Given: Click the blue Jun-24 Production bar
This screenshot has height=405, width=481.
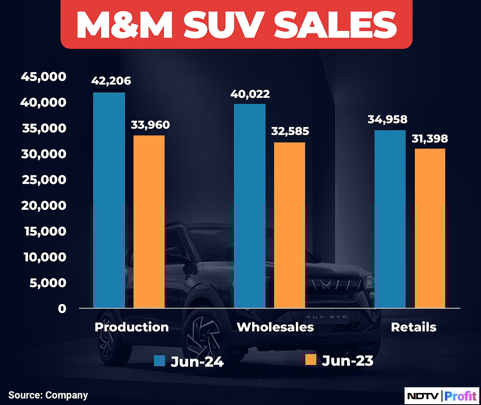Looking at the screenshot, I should (109, 200).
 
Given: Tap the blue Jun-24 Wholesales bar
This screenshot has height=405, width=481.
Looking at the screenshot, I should (249, 206).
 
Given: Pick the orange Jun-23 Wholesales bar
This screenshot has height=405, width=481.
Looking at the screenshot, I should (289, 225).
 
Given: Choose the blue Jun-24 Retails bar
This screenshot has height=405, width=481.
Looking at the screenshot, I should (390, 219).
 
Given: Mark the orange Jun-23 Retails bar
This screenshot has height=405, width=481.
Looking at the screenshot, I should (429, 228).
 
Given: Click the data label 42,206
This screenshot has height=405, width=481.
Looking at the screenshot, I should (111, 81).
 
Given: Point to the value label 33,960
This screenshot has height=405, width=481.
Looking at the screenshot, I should (150, 125).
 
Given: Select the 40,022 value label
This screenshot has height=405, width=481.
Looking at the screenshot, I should (250, 94).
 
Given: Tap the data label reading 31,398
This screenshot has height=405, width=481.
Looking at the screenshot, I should (430, 139).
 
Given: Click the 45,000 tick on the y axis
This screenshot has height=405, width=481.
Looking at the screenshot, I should (43, 77).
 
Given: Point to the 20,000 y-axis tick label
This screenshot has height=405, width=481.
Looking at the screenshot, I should (43, 206).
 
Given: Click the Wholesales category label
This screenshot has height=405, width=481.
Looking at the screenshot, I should (275, 327).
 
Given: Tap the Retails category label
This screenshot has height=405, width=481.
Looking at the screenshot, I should (413, 327).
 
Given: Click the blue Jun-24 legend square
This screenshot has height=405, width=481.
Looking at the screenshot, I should (160, 361).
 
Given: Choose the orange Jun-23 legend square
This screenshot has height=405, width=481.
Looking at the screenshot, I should (311, 360).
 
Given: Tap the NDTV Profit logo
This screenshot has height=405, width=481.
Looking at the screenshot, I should (441, 396).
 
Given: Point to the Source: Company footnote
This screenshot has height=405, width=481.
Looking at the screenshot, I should (48, 395).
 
